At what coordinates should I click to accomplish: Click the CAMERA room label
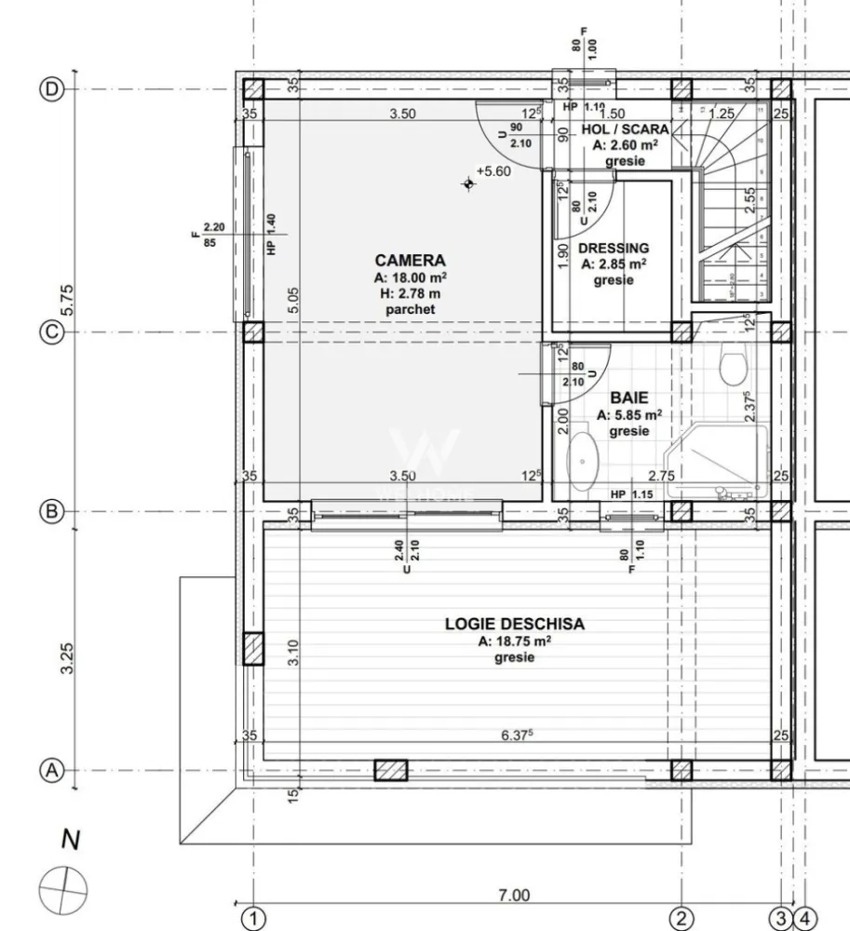coord(410,261)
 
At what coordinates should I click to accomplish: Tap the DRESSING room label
coord(613,249)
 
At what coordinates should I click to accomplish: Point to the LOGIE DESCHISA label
coord(514,624)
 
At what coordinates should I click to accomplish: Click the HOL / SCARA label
coord(625,129)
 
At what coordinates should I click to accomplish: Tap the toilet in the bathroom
coord(733,365)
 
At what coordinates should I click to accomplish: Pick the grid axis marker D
coord(52,89)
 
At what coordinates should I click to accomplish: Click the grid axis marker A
coord(52,771)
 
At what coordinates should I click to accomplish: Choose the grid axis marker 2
coord(681,917)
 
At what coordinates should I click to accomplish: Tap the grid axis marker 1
coord(252,917)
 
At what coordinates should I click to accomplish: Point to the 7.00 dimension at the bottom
coord(513,896)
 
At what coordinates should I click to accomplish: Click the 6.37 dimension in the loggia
coord(517,735)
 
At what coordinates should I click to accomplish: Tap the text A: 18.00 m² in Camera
coord(410,277)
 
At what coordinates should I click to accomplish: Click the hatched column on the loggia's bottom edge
coord(391,771)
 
